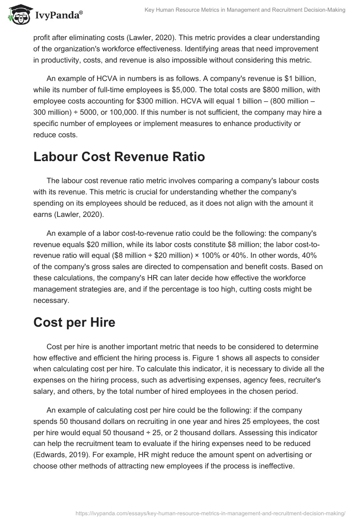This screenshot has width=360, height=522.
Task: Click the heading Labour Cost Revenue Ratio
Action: [119, 157]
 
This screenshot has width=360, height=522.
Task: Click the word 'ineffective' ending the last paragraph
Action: [274, 466]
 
